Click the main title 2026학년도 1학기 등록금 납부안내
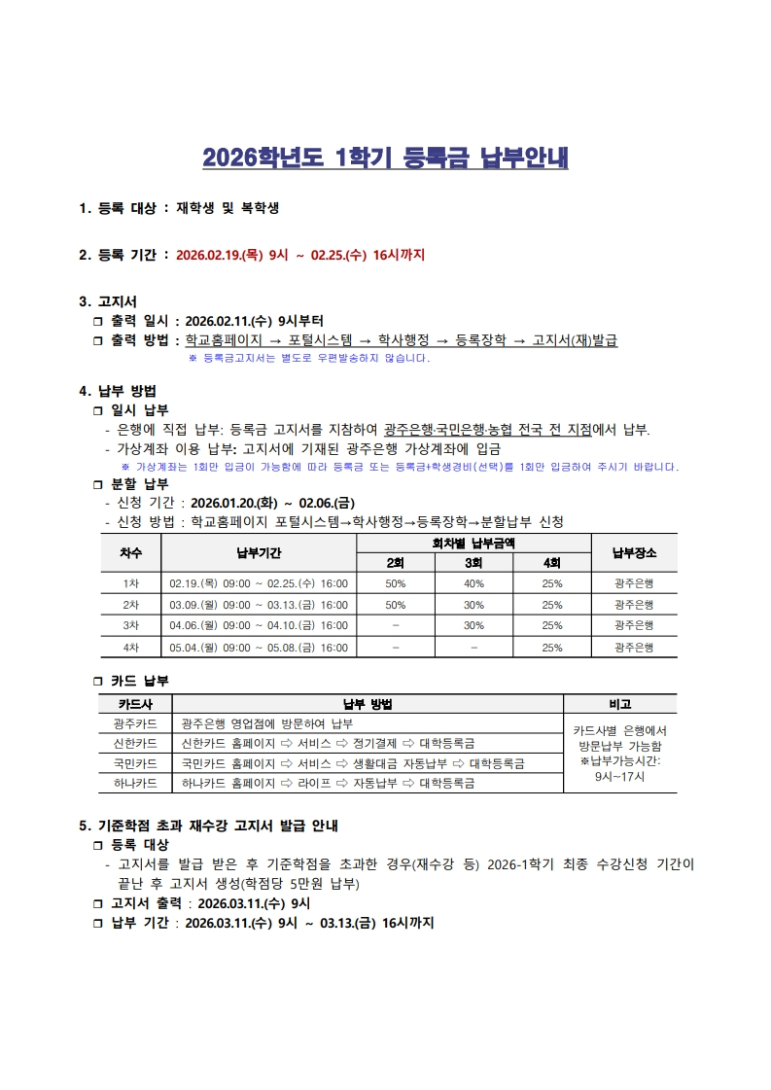[x=385, y=158]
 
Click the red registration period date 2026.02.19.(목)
[x=220, y=256]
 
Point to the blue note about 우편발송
[x=308, y=358]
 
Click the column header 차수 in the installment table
[x=131, y=552]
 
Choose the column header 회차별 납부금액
[x=473, y=543]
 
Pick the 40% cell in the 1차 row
[x=473, y=583]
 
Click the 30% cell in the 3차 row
[x=473, y=625]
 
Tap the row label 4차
[x=131, y=647]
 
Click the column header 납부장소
[x=634, y=552]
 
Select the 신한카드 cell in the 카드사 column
[x=135, y=744]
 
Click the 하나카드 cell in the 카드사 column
[x=135, y=783]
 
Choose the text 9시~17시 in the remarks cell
[x=619, y=777]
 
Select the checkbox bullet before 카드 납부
[x=97, y=681]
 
